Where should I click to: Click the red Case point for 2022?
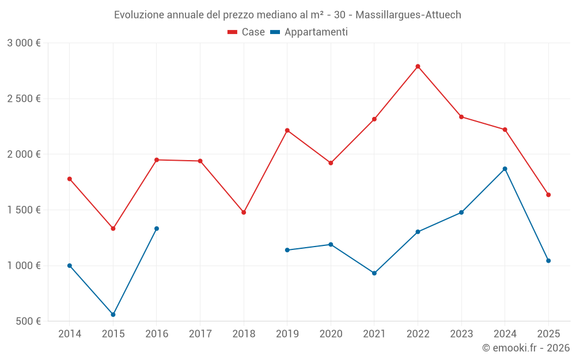(418, 66)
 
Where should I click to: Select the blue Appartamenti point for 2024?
(505, 169)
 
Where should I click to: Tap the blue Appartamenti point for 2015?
(113, 314)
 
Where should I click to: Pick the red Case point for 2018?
(244, 213)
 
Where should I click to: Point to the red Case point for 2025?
(548, 195)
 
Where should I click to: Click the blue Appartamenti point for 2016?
(157, 229)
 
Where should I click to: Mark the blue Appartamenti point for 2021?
(374, 273)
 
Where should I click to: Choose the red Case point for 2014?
(70, 179)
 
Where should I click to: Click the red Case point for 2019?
(287, 130)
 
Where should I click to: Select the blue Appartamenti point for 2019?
(287, 250)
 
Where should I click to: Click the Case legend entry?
(247, 32)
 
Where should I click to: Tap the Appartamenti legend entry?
(309, 32)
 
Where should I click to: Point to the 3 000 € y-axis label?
(24, 43)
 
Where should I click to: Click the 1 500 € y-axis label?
(24, 210)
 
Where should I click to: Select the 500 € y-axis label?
(27, 321)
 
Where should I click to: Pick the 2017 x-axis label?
(200, 334)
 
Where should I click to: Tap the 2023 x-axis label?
(461, 334)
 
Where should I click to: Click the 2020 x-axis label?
(331, 334)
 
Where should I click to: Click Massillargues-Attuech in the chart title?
(411, 15)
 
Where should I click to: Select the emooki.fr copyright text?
(526, 348)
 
